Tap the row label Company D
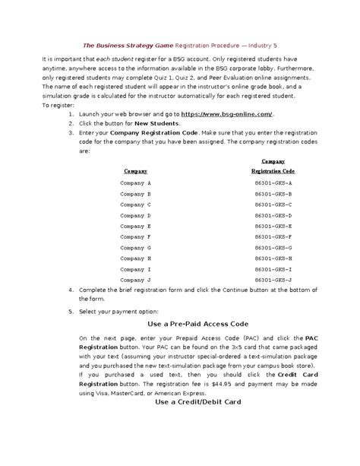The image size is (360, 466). click(x=136, y=216)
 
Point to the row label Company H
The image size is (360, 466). click(x=136, y=259)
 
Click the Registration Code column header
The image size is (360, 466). click(x=272, y=172)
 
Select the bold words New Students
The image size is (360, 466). click(x=158, y=123)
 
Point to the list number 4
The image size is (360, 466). click(x=70, y=290)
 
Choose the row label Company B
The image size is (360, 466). click(x=136, y=194)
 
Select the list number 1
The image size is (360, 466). click(x=70, y=114)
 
